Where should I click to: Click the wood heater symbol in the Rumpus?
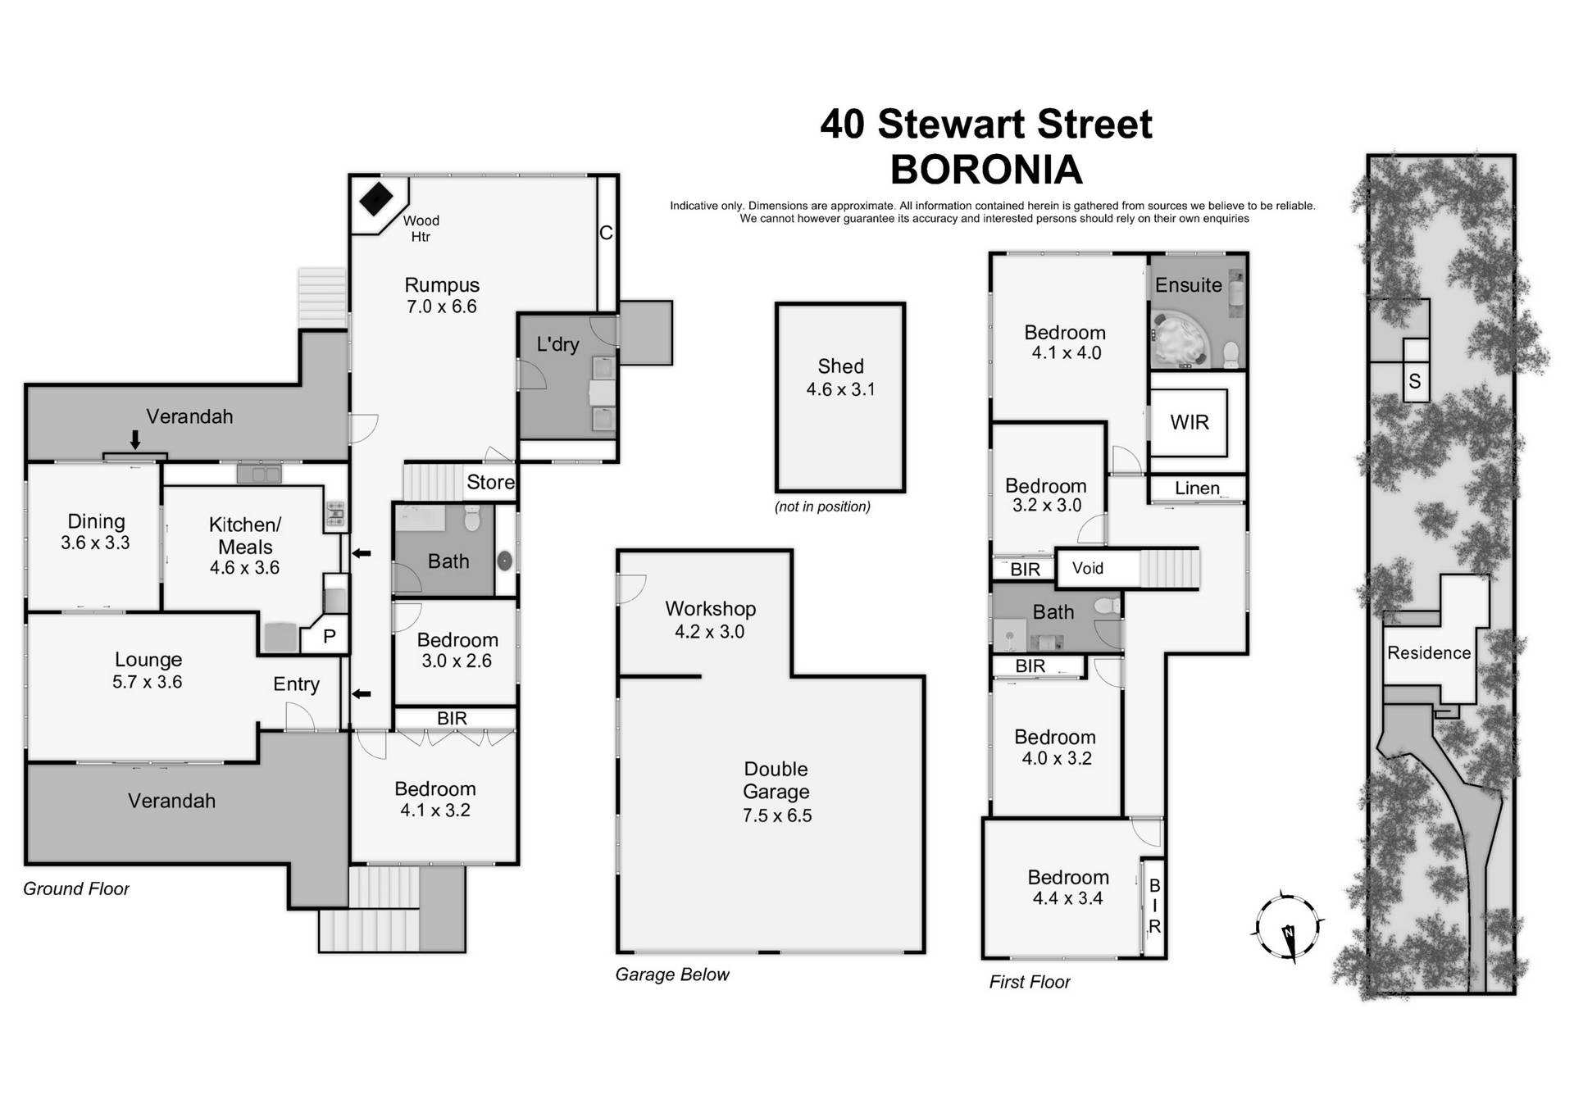(376, 198)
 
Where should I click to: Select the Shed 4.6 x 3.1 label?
(840, 378)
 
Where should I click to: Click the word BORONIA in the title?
(986, 170)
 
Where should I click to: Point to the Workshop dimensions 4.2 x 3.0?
(709, 632)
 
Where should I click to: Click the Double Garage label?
(776, 780)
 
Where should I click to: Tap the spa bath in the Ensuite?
(1177, 340)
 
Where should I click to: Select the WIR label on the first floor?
(1189, 422)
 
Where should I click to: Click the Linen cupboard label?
(1197, 488)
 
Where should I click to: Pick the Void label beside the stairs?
(1087, 568)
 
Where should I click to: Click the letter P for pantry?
(329, 636)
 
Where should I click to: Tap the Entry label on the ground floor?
(296, 684)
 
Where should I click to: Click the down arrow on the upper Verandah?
(135, 440)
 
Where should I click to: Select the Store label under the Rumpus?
(490, 482)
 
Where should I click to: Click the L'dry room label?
(557, 344)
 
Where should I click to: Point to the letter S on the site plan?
(1415, 381)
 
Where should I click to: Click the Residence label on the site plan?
(1428, 653)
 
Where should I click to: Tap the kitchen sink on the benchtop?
(259, 473)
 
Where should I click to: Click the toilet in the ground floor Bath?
(471, 519)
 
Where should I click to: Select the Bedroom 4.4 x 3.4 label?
(1067, 888)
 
